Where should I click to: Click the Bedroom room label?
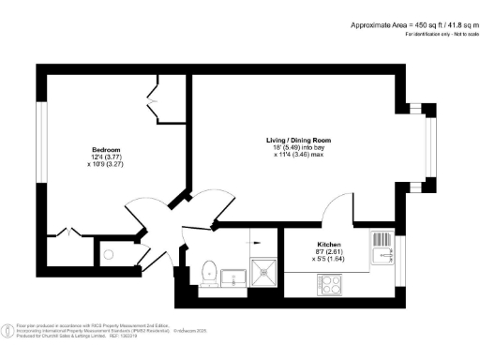[106, 151]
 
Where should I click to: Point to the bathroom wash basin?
[234, 277]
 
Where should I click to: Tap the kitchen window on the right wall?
[399, 258]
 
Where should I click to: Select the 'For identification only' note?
[440, 34]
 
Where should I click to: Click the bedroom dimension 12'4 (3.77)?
[106, 158]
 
